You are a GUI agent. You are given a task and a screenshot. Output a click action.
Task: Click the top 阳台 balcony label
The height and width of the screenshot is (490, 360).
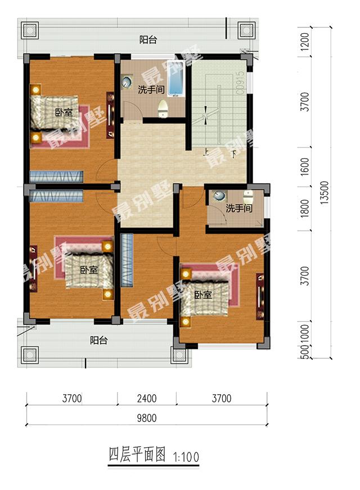tap(148, 40)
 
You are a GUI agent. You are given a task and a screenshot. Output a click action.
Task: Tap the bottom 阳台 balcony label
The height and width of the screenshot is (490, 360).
tap(99, 340)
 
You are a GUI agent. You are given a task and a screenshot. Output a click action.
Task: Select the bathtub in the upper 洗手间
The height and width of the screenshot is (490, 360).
tap(175, 78)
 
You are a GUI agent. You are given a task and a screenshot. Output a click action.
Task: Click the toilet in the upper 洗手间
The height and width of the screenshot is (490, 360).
tap(164, 109)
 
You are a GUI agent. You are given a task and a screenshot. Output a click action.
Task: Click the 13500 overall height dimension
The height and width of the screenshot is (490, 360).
tap(325, 192)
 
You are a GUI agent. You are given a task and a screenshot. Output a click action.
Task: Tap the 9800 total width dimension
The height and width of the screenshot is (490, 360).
tap(147, 418)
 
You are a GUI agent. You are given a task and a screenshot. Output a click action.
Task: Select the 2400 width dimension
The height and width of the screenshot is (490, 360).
tap(147, 398)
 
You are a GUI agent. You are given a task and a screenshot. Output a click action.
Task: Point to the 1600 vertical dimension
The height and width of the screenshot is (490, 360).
tap(304, 167)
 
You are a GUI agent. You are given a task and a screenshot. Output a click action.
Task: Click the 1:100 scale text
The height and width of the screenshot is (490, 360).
tap(186, 457)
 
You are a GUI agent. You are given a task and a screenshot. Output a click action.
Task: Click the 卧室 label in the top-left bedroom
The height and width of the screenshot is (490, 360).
tap(64, 113)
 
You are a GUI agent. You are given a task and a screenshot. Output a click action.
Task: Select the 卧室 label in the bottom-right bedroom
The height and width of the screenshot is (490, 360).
tap(203, 295)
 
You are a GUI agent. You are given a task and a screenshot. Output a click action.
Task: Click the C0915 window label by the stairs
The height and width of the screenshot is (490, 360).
tap(240, 83)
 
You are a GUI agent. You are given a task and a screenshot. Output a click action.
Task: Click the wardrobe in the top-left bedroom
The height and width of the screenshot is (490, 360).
tap(56, 177)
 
